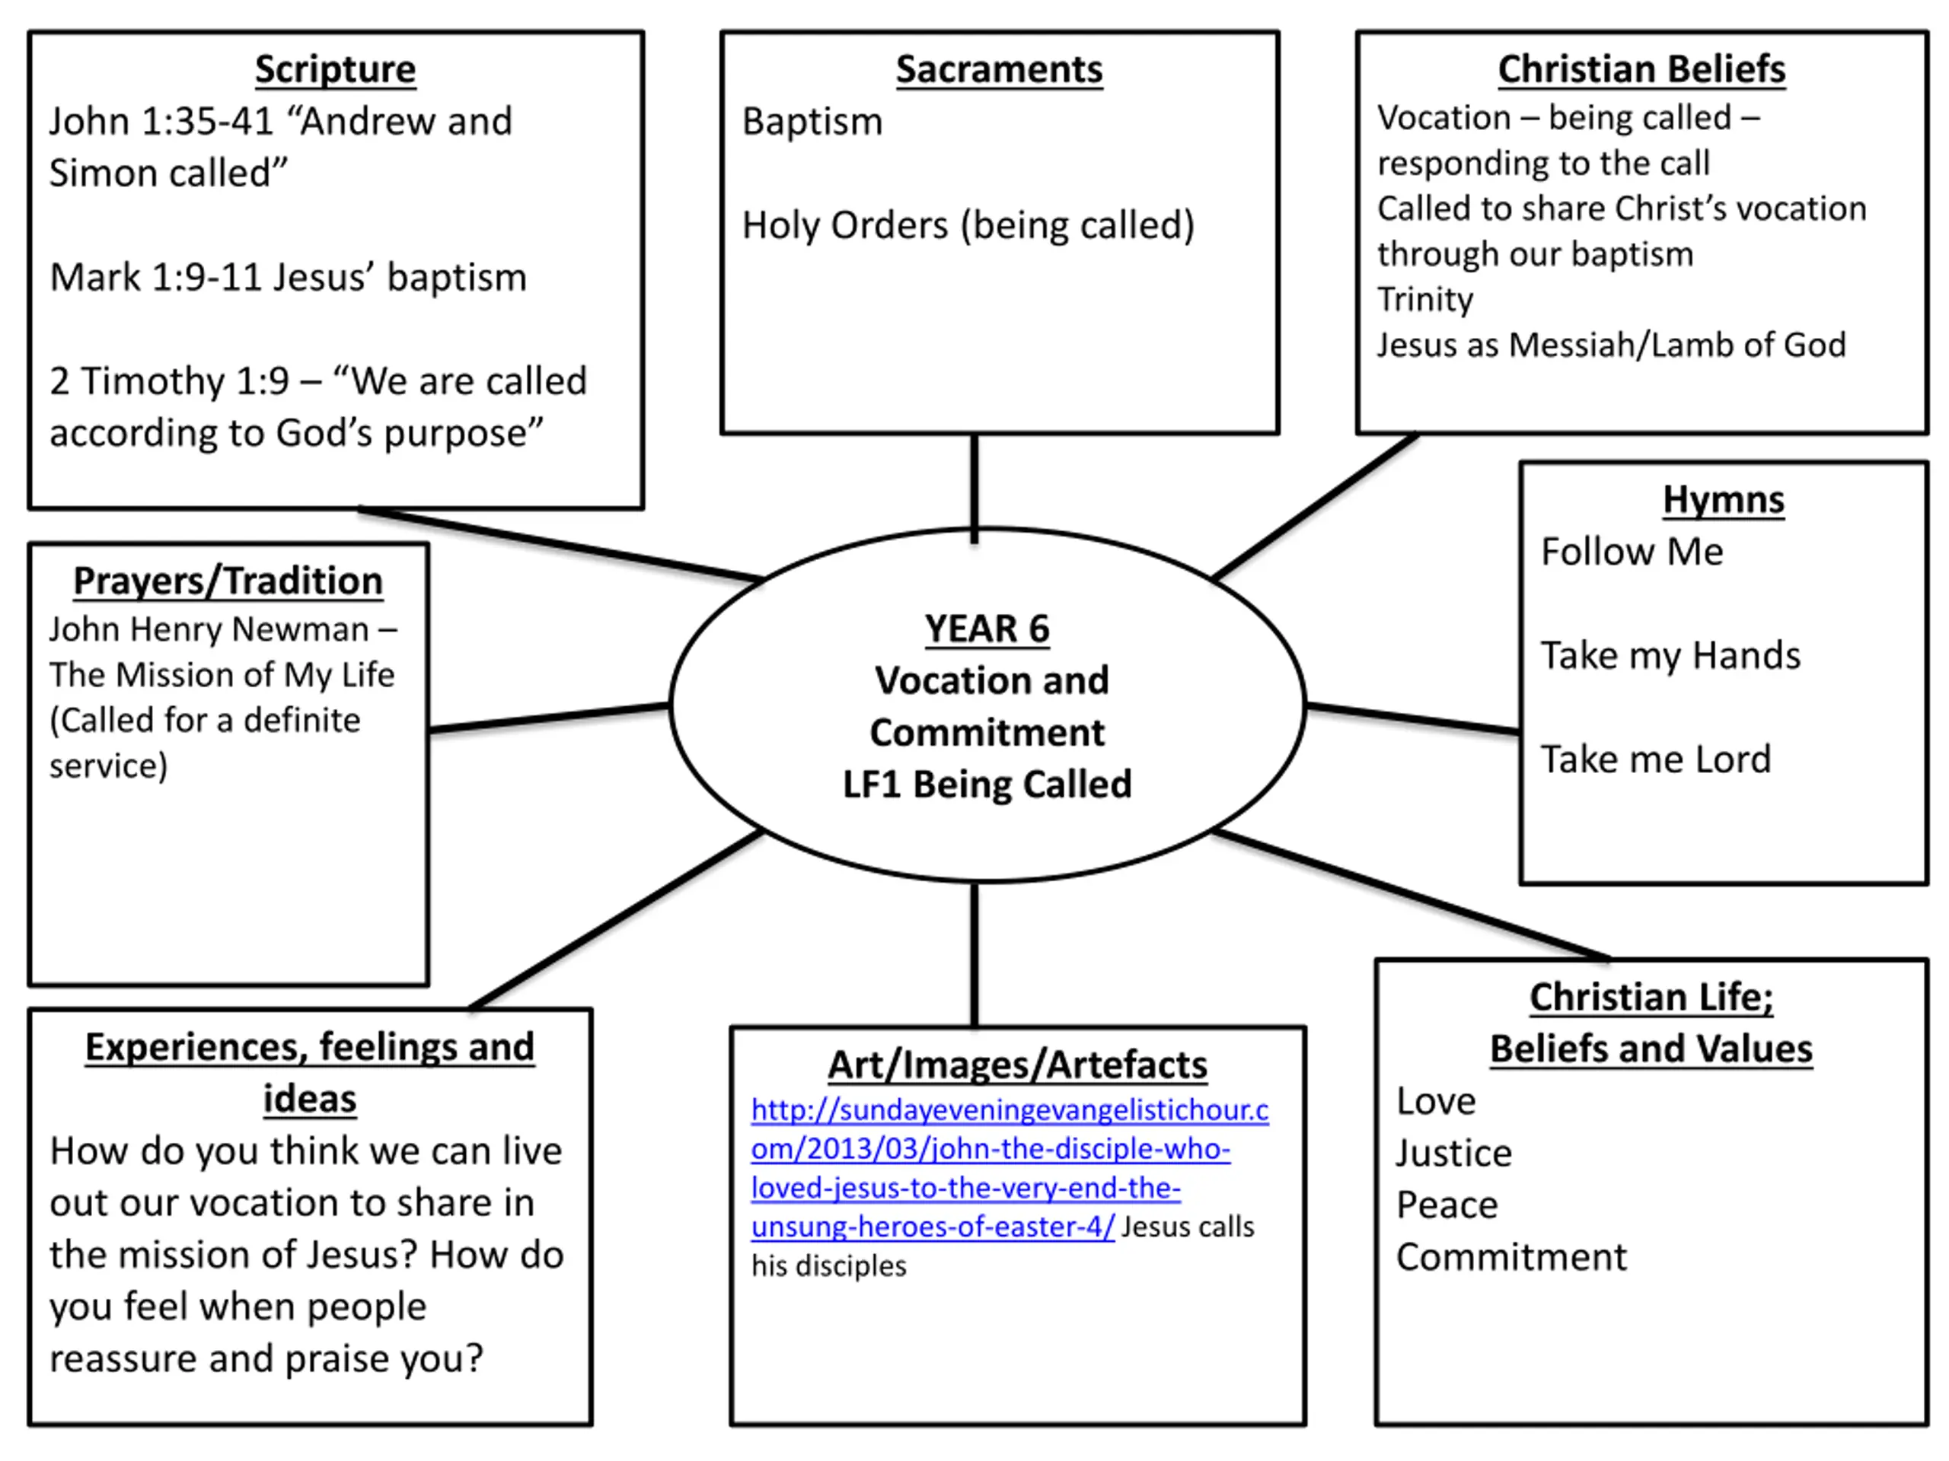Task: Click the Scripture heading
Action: coord(335,69)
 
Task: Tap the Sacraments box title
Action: coord(999,69)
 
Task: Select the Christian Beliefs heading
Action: coord(1641,69)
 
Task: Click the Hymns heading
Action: coord(1724,499)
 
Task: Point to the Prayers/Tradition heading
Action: coord(228,581)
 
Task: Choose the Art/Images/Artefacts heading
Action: coord(1018,1065)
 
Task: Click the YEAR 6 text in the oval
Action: coord(987,629)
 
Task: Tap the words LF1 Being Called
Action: coord(987,784)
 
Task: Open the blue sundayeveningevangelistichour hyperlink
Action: coord(1010,1168)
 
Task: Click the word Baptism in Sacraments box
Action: coord(812,122)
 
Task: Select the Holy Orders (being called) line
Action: coord(968,225)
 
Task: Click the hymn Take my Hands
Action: coord(1670,656)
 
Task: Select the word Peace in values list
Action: coord(1447,1205)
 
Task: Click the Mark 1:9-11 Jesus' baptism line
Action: coord(288,278)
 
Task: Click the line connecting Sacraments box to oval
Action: coord(974,489)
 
